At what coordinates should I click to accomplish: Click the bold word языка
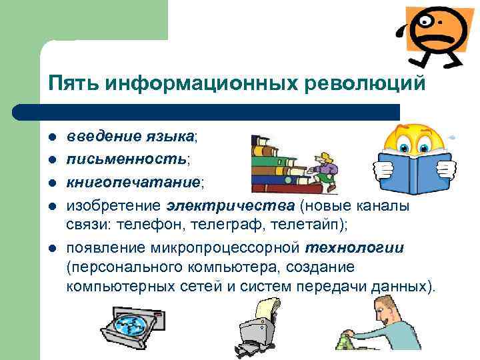[169, 137]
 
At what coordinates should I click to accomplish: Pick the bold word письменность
[126, 160]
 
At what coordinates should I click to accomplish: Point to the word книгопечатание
[133, 182]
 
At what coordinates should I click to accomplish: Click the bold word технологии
[355, 249]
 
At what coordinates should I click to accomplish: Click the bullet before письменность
[52, 160]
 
